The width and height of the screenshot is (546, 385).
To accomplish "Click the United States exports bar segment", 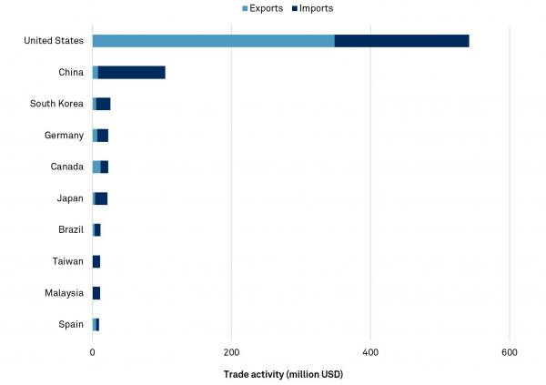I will (213, 40).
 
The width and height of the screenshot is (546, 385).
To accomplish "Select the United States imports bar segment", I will (401, 40).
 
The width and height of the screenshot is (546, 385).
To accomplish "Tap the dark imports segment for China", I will (131, 72).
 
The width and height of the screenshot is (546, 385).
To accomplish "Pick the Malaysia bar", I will (96, 293).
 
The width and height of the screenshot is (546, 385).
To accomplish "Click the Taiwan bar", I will (96, 261).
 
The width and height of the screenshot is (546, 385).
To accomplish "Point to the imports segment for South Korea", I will (103, 104).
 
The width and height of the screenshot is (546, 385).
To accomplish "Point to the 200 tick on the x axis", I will (231, 352).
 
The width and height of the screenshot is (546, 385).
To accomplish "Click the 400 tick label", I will (370, 352).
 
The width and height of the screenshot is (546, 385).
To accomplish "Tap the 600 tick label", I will (509, 352).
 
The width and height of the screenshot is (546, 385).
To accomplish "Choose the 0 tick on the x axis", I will (93, 352).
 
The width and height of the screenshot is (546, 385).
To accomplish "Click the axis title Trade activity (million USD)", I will (283, 373).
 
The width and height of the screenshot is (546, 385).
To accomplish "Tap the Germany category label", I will (64, 135).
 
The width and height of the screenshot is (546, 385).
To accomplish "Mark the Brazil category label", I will (70, 229).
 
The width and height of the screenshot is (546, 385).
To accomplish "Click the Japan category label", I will (69, 198).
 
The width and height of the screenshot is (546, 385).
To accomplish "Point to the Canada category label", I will (66, 167).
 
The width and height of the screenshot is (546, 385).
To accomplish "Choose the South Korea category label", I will (57, 104).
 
